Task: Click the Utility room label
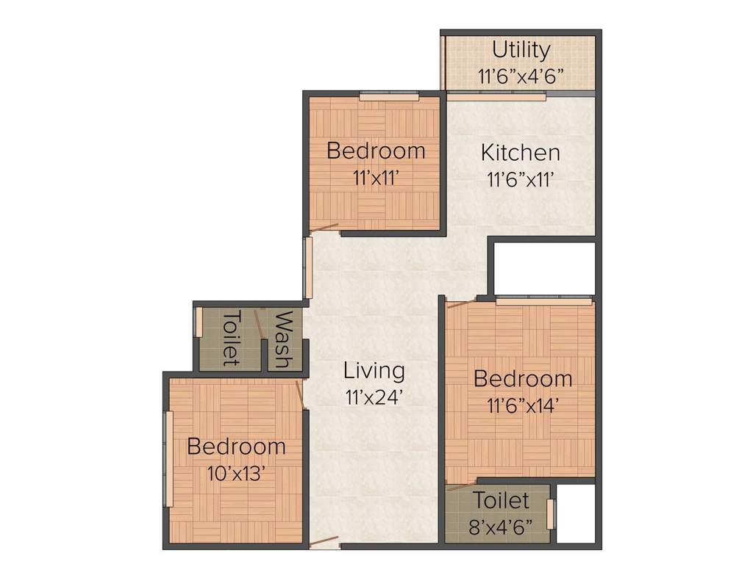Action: coord(521,50)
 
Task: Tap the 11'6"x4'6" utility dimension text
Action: coord(521,76)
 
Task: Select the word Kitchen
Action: coord(521,153)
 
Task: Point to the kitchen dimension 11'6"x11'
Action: coord(521,178)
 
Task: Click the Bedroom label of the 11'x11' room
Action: coord(376,151)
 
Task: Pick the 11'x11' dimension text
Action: coord(376,177)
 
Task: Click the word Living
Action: coord(374,371)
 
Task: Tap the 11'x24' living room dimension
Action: coord(374,397)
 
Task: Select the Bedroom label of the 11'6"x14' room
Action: coord(523,379)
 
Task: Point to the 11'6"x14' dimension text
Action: coord(523,405)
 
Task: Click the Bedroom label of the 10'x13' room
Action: coord(236,446)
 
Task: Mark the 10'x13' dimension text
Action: coord(236,472)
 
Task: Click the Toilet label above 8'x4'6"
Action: coord(501,501)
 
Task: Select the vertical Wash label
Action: coord(284,339)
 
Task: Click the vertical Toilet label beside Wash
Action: coord(231,338)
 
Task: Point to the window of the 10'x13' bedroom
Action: coord(168,459)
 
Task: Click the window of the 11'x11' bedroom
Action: coord(389,95)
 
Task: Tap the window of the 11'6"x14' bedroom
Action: coord(543,300)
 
